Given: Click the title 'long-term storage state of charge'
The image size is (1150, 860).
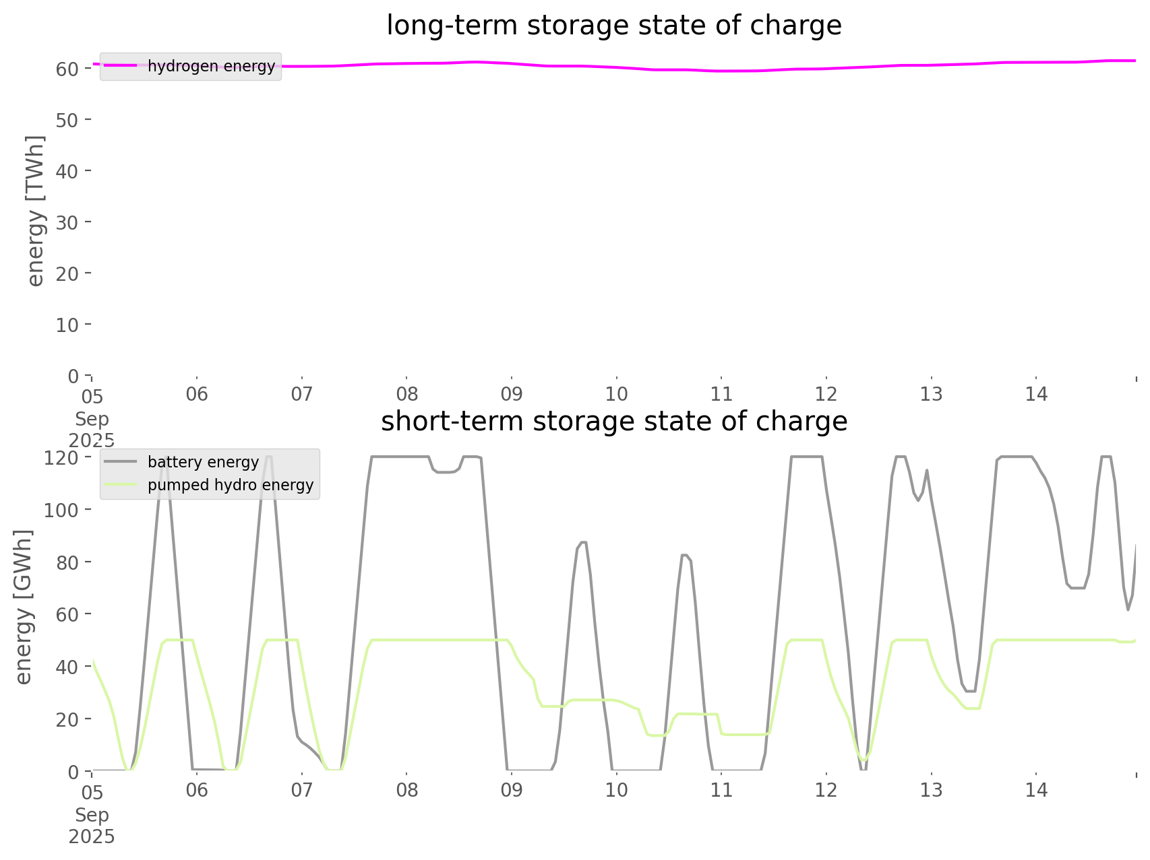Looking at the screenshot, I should pyautogui.click(x=613, y=26).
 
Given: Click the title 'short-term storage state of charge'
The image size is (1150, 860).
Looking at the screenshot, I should pyautogui.click(x=613, y=422).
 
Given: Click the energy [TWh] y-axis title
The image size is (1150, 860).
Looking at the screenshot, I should pyautogui.click(x=36, y=211).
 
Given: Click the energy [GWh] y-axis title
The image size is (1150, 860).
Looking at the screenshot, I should pyautogui.click(x=24, y=607).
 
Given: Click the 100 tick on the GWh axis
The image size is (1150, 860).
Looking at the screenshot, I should pyautogui.click(x=61, y=510).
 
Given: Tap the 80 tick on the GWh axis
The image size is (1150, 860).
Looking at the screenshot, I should pyautogui.click(x=67, y=562).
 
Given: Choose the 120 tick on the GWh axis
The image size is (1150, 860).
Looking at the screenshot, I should pyautogui.click(x=61, y=458).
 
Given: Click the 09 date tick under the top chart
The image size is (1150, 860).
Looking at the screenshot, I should pyautogui.click(x=512, y=395).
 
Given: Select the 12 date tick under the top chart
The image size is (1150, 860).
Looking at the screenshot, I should pyautogui.click(x=826, y=395).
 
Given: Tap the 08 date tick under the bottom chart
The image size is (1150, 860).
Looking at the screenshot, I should pyautogui.click(x=406, y=790).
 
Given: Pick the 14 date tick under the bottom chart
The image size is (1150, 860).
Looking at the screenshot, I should pyautogui.click(x=1036, y=790).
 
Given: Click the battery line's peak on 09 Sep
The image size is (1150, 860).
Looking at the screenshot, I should pyautogui.click(x=583, y=542).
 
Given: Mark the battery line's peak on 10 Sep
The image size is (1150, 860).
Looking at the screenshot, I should pyautogui.click(x=684, y=555).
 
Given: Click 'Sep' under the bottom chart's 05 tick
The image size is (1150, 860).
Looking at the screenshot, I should pyautogui.click(x=92, y=815).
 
